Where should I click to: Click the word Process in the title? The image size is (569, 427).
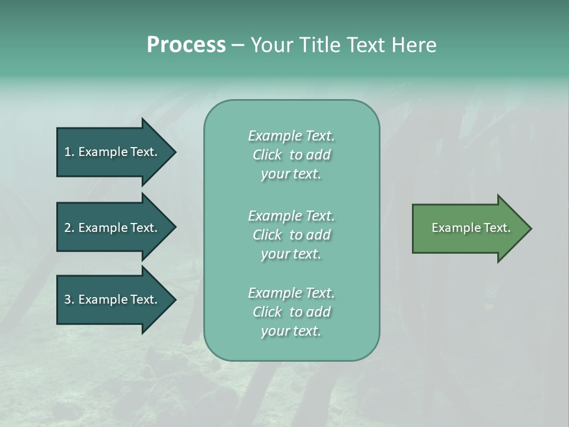(186, 45)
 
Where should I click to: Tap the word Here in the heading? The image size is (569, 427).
(414, 45)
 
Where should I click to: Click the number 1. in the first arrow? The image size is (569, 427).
(69, 152)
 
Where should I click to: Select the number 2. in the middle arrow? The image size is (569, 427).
(69, 228)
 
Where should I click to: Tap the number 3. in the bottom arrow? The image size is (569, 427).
(69, 299)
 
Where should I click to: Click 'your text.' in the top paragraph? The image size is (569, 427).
(291, 174)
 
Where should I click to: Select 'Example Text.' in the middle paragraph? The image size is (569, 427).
(291, 215)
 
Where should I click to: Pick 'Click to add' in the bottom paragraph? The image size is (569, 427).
(291, 312)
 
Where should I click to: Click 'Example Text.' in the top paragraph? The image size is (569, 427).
(291, 136)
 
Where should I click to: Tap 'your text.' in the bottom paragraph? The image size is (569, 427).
(291, 331)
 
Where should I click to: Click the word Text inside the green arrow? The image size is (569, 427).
(498, 228)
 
